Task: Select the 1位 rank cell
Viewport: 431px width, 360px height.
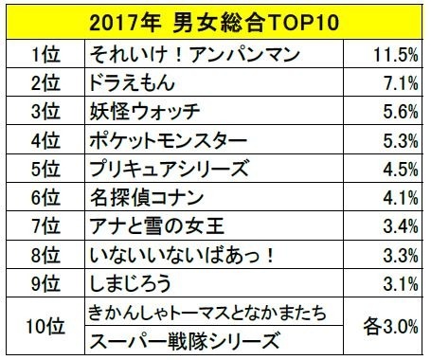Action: pos(43,50)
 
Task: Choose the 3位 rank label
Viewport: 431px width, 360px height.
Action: pos(43,110)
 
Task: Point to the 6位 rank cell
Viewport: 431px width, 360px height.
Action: pos(43,200)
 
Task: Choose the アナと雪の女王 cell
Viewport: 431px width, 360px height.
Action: pos(153,230)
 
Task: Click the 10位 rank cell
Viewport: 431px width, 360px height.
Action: pos(43,327)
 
